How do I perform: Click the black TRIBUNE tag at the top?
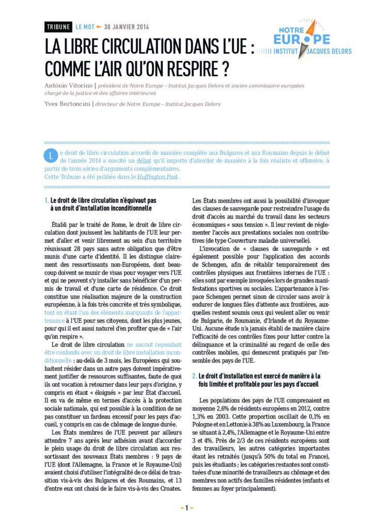tap(58, 27)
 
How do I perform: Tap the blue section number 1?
tap(46, 200)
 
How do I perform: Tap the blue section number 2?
tap(194, 376)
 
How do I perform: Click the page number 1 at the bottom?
tap(186, 508)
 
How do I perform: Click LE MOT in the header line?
tap(84, 27)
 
